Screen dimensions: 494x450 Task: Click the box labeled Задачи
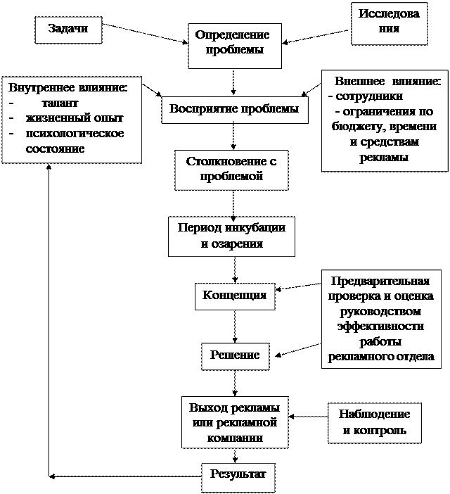67,30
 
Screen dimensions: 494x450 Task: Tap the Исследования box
388,23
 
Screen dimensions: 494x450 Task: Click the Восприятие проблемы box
234,109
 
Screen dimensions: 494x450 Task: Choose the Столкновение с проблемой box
231,169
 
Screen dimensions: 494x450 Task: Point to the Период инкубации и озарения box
231,236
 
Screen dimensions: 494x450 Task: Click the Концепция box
234,296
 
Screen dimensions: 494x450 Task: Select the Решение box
235,355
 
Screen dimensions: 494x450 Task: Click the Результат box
238,474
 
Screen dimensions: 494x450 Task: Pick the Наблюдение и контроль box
375,422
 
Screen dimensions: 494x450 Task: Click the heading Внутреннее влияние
68,88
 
